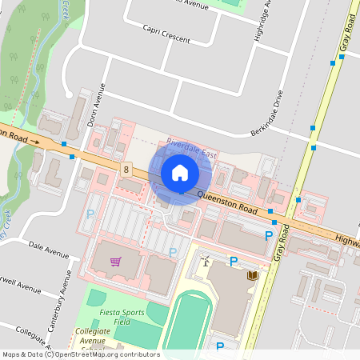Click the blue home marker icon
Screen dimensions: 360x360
click(180, 172)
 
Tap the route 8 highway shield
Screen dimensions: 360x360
click(126, 169)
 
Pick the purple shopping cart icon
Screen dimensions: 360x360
click(116, 261)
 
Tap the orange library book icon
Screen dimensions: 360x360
click(253, 276)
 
